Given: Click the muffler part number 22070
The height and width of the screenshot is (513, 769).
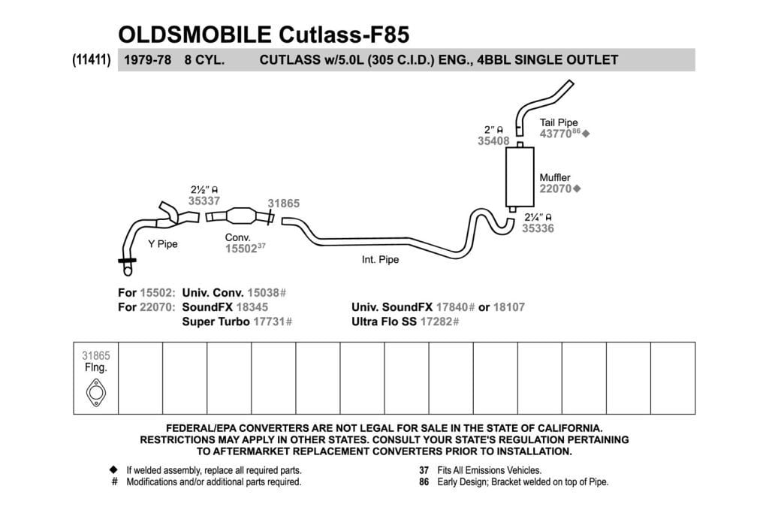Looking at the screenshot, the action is pyautogui.click(x=555, y=189).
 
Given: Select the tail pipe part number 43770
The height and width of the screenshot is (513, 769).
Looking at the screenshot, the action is pyautogui.click(x=556, y=134).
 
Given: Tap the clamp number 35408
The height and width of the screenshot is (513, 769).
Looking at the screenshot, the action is pyautogui.click(x=493, y=141).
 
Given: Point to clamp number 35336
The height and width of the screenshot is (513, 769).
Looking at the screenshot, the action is pyautogui.click(x=538, y=228).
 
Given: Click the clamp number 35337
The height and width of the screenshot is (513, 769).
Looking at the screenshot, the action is pyautogui.click(x=204, y=201).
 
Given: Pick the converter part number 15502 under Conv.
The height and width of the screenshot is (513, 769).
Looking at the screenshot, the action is pyautogui.click(x=241, y=249).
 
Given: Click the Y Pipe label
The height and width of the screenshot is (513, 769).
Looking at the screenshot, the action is pyautogui.click(x=163, y=244).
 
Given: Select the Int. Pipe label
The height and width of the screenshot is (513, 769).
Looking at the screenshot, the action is pyautogui.click(x=380, y=259).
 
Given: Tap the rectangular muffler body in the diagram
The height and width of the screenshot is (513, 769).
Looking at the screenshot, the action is pyautogui.click(x=520, y=177).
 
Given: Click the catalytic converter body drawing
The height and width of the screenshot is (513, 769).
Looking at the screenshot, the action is pyautogui.click(x=241, y=216).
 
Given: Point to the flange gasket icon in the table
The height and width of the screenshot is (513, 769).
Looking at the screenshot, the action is pyautogui.click(x=95, y=392).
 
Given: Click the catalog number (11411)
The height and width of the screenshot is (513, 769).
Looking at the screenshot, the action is pyautogui.click(x=92, y=60).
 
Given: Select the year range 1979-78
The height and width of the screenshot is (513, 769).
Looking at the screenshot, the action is pyautogui.click(x=148, y=60).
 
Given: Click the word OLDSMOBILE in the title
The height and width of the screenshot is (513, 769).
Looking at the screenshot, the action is pyautogui.click(x=195, y=35).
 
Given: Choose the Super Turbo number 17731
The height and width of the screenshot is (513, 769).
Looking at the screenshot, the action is pyautogui.click(x=269, y=321).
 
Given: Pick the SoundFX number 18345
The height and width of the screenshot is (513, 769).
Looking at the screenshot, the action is pyautogui.click(x=252, y=307).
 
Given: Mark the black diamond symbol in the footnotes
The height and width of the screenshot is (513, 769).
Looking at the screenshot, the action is pyautogui.click(x=114, y=470).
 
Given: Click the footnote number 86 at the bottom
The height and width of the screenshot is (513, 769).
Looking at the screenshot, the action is pyautogui.click(x=424, y=482).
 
